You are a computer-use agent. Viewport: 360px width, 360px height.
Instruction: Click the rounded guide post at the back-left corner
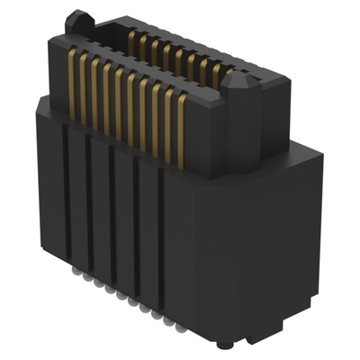(x=81, y=19)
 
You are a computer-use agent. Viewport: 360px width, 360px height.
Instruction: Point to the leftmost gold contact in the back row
(x=133, y=40)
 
